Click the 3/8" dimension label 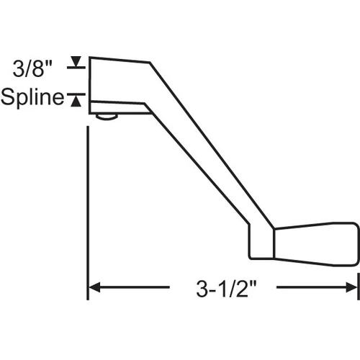click(32, 68)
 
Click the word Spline click(32, 97)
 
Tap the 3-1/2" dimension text click(226, 289)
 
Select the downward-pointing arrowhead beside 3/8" click(76, 61)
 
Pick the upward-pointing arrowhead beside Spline click(76, 101)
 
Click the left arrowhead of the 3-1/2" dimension click(94, 287)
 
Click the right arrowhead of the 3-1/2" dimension click(351, 287)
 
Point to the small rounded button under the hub click(107, 117)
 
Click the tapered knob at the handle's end click(316, 244)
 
